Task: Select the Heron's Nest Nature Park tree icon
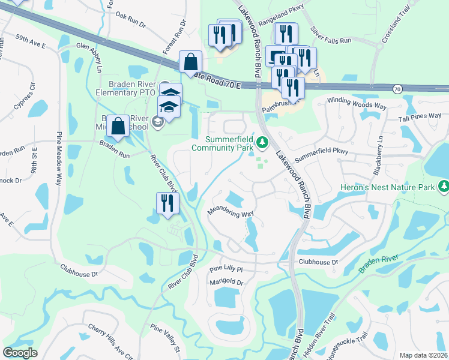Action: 444,187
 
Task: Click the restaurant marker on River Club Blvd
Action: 167,203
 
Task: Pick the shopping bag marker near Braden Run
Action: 118,126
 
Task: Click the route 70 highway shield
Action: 397,89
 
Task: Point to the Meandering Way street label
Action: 231,214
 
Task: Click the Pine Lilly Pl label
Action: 225,270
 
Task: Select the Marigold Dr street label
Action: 226,282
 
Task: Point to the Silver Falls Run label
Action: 330,35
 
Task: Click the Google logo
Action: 20,353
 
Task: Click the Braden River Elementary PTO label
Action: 127,88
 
